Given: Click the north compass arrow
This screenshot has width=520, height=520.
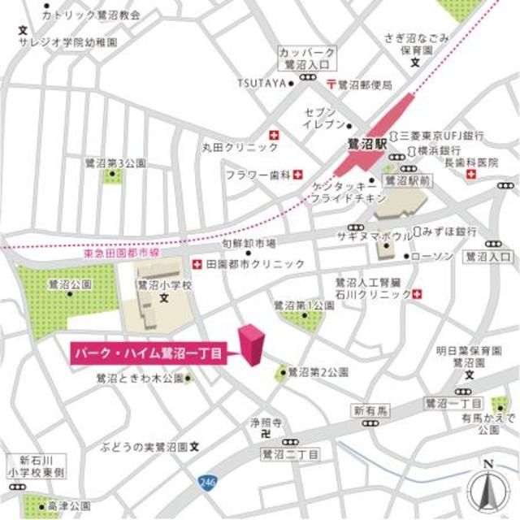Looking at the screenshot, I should click(x=487, y=488).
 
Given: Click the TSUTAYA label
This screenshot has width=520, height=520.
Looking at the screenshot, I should click(x=262, y=83).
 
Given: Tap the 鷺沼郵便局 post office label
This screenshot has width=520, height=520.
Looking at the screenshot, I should click(x=365, y=84).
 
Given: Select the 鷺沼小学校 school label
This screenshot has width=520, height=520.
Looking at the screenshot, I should click(x=164, y=286).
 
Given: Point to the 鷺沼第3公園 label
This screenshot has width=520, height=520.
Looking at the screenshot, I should click(x=115, y=162).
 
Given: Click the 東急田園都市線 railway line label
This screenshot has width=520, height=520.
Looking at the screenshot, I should click(x=122, y=254).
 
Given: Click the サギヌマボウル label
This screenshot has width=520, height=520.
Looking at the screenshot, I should click(x=374, y=235).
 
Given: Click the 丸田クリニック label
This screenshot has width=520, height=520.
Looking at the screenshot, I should click(x=229, y=148).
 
